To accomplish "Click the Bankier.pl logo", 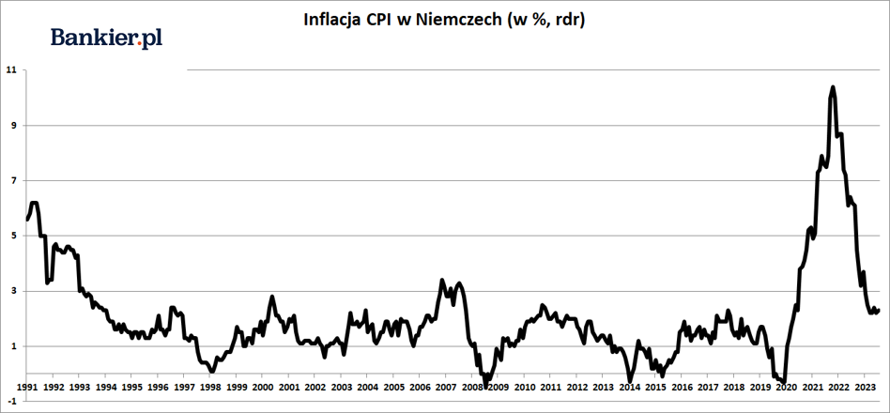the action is click(107, 38).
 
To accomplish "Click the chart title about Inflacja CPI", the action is click(444, 20).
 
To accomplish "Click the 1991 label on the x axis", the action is click(26, 387).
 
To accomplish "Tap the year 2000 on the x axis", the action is click(261, 387).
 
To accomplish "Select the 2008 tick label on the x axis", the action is click(471, 387).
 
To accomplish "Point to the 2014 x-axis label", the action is click(628, 387).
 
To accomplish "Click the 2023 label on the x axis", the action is click(864, 387).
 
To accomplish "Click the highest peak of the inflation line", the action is click(833, 86).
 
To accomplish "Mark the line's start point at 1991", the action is click(27, 219).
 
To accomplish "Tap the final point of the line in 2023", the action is click(879, 310).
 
